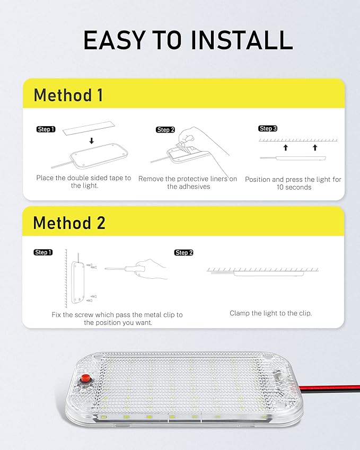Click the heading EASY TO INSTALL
click(188, 41)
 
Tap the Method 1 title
click(68, 95)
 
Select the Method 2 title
click(69, 223)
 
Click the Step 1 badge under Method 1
click(46, 129)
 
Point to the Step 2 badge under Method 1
click(165, 130)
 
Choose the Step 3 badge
click(268, 129)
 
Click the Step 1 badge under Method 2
click(43, 252)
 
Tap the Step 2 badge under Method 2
click(183, 253)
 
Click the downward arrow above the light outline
click(92, 141)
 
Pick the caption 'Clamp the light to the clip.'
click(270, 313)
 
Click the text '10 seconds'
click(294, 188)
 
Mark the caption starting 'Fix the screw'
click(117, 319)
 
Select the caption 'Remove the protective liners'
click(188, 182)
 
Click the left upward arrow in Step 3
click(285, 147)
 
